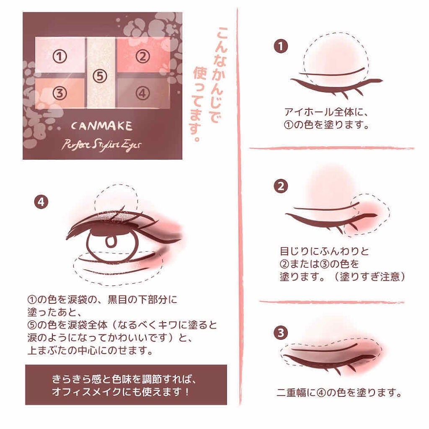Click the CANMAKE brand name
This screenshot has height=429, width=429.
[102, 126]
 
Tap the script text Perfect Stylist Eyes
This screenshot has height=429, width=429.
[101, 145]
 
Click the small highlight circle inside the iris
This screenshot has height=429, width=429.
[111, 242]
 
